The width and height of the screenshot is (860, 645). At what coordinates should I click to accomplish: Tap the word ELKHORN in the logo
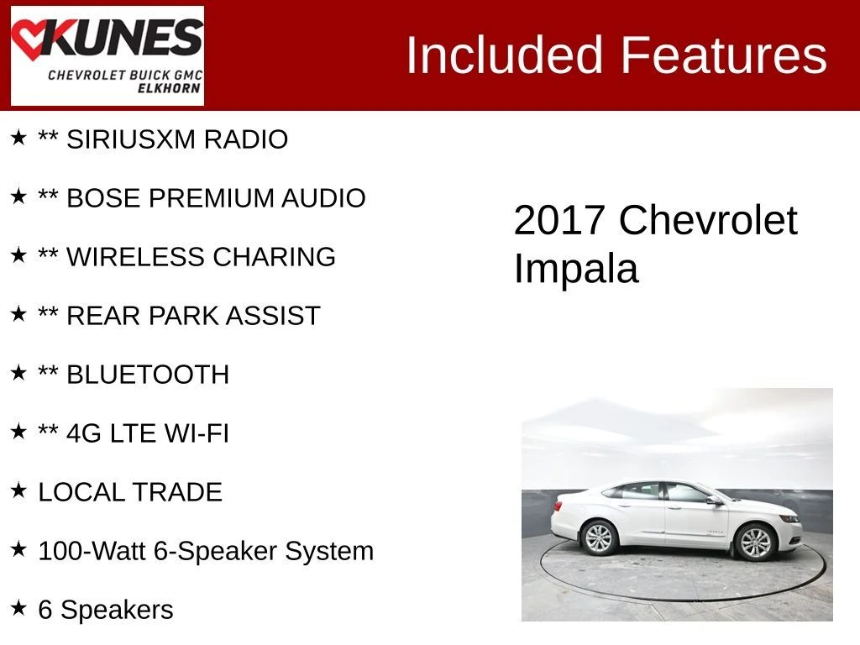[x=169, y=88]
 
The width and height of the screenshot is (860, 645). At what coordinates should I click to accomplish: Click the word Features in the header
[x=723, y=55]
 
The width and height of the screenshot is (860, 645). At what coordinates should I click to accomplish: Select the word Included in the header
[x=504, y=55]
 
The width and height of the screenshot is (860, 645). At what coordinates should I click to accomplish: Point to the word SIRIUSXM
[x=131, y=139]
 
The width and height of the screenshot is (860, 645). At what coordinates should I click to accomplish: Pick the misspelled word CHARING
[x=274, y=257]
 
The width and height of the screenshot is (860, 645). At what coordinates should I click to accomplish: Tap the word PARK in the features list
[x=182, y=316]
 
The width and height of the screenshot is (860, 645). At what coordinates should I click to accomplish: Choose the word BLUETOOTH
[x=148, y=375]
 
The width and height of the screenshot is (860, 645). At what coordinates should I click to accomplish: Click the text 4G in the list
[x=84, y=433]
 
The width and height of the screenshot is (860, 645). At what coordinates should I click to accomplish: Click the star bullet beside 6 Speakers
[x=18, y=608]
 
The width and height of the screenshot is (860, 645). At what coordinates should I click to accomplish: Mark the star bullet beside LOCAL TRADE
[x=18, y=490]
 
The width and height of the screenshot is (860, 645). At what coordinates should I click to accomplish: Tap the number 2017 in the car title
[x=558, y=221]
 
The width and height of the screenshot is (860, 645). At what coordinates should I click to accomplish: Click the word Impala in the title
[x=576, y=268]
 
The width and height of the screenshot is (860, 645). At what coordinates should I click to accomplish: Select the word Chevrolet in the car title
[x=708, y=220]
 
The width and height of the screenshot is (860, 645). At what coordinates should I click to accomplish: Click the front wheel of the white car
[x=755, y=542]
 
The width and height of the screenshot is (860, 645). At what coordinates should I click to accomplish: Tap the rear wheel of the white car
[x=599, y=538]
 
